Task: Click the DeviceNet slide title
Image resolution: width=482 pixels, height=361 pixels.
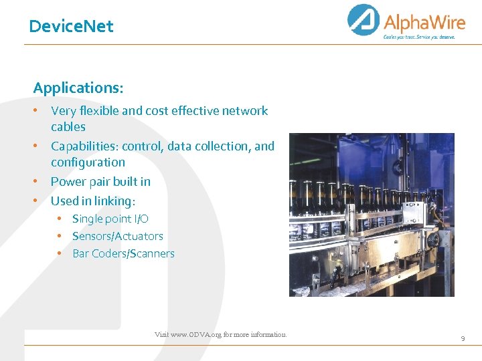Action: click(x=71, y=27)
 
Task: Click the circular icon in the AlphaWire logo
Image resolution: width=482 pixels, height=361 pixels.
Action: click(x=364, y=19)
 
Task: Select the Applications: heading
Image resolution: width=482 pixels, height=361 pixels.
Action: click(x=78, y=88)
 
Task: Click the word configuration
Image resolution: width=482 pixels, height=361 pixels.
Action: click(x=88, y=162)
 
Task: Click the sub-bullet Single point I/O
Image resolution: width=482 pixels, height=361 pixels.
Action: click(x=110, y=219)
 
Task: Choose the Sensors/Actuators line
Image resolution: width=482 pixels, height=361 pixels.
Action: click(x=117, y=236)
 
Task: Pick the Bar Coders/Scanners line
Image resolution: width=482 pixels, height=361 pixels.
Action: click(x=123, y=253)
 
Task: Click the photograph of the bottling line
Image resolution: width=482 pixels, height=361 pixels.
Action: click(x=372, y=215)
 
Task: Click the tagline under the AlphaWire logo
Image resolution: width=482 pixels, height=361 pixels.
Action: click(x=419, y=37)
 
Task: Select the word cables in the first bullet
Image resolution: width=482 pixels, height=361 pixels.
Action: click(x=68, y=127)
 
